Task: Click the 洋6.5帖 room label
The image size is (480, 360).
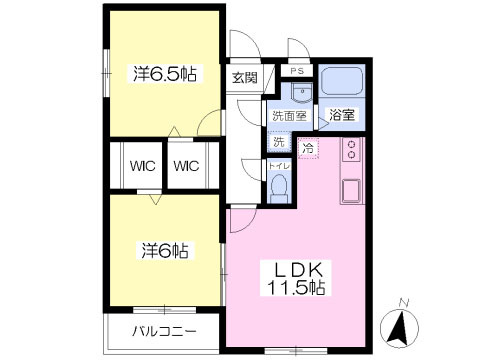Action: click(x=165, y=73)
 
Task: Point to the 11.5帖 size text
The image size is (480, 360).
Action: click(x=294, y=287)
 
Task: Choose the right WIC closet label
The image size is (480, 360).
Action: click(x=185, y=166)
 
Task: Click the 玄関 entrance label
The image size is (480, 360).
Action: click(x=244, y=77)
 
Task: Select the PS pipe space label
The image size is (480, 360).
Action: click(x=297, y=72)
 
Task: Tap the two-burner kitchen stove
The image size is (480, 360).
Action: click(x=352, y=151)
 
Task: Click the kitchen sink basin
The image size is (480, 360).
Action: click(x=352, y=188)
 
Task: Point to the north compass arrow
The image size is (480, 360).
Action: click(x=401, y=322)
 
